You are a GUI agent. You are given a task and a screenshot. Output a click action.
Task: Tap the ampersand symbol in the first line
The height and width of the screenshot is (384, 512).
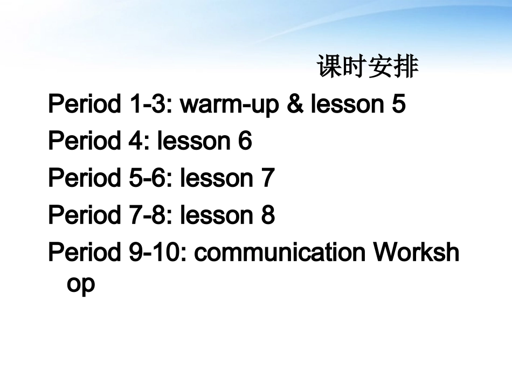coord(295,104)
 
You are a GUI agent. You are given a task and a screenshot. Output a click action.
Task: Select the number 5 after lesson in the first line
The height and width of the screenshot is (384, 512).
coord(398,104)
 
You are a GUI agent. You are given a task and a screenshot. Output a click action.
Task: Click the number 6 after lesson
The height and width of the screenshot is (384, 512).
coord(245,142)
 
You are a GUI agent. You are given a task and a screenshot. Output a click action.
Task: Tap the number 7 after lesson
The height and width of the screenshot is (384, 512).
coord(268,178)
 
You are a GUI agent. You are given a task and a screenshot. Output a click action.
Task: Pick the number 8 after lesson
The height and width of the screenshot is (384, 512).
coord(268,215)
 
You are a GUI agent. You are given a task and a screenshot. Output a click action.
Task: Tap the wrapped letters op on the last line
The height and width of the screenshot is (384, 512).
coord(81,284)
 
